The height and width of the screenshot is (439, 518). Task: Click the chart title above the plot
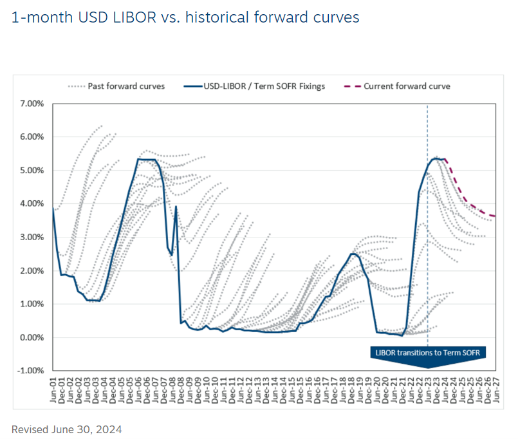(185, 17)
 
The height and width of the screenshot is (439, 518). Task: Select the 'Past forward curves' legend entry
(116, 86)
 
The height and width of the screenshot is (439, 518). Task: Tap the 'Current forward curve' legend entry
(406, 86)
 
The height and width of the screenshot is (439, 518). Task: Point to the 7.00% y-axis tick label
(32, 104)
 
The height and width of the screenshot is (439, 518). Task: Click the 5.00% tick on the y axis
(32, 171)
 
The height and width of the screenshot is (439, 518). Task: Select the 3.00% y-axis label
(32, 238)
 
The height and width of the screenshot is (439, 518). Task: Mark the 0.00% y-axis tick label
(32, 337)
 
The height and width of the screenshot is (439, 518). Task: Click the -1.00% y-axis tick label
(30, 371)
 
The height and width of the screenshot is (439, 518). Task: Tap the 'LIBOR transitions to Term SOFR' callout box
(427, 352)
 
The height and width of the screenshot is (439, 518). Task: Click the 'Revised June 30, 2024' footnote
(67, 429)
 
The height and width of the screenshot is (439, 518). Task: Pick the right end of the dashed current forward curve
(494, 216)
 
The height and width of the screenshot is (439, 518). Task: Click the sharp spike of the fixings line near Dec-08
(176, 207)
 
